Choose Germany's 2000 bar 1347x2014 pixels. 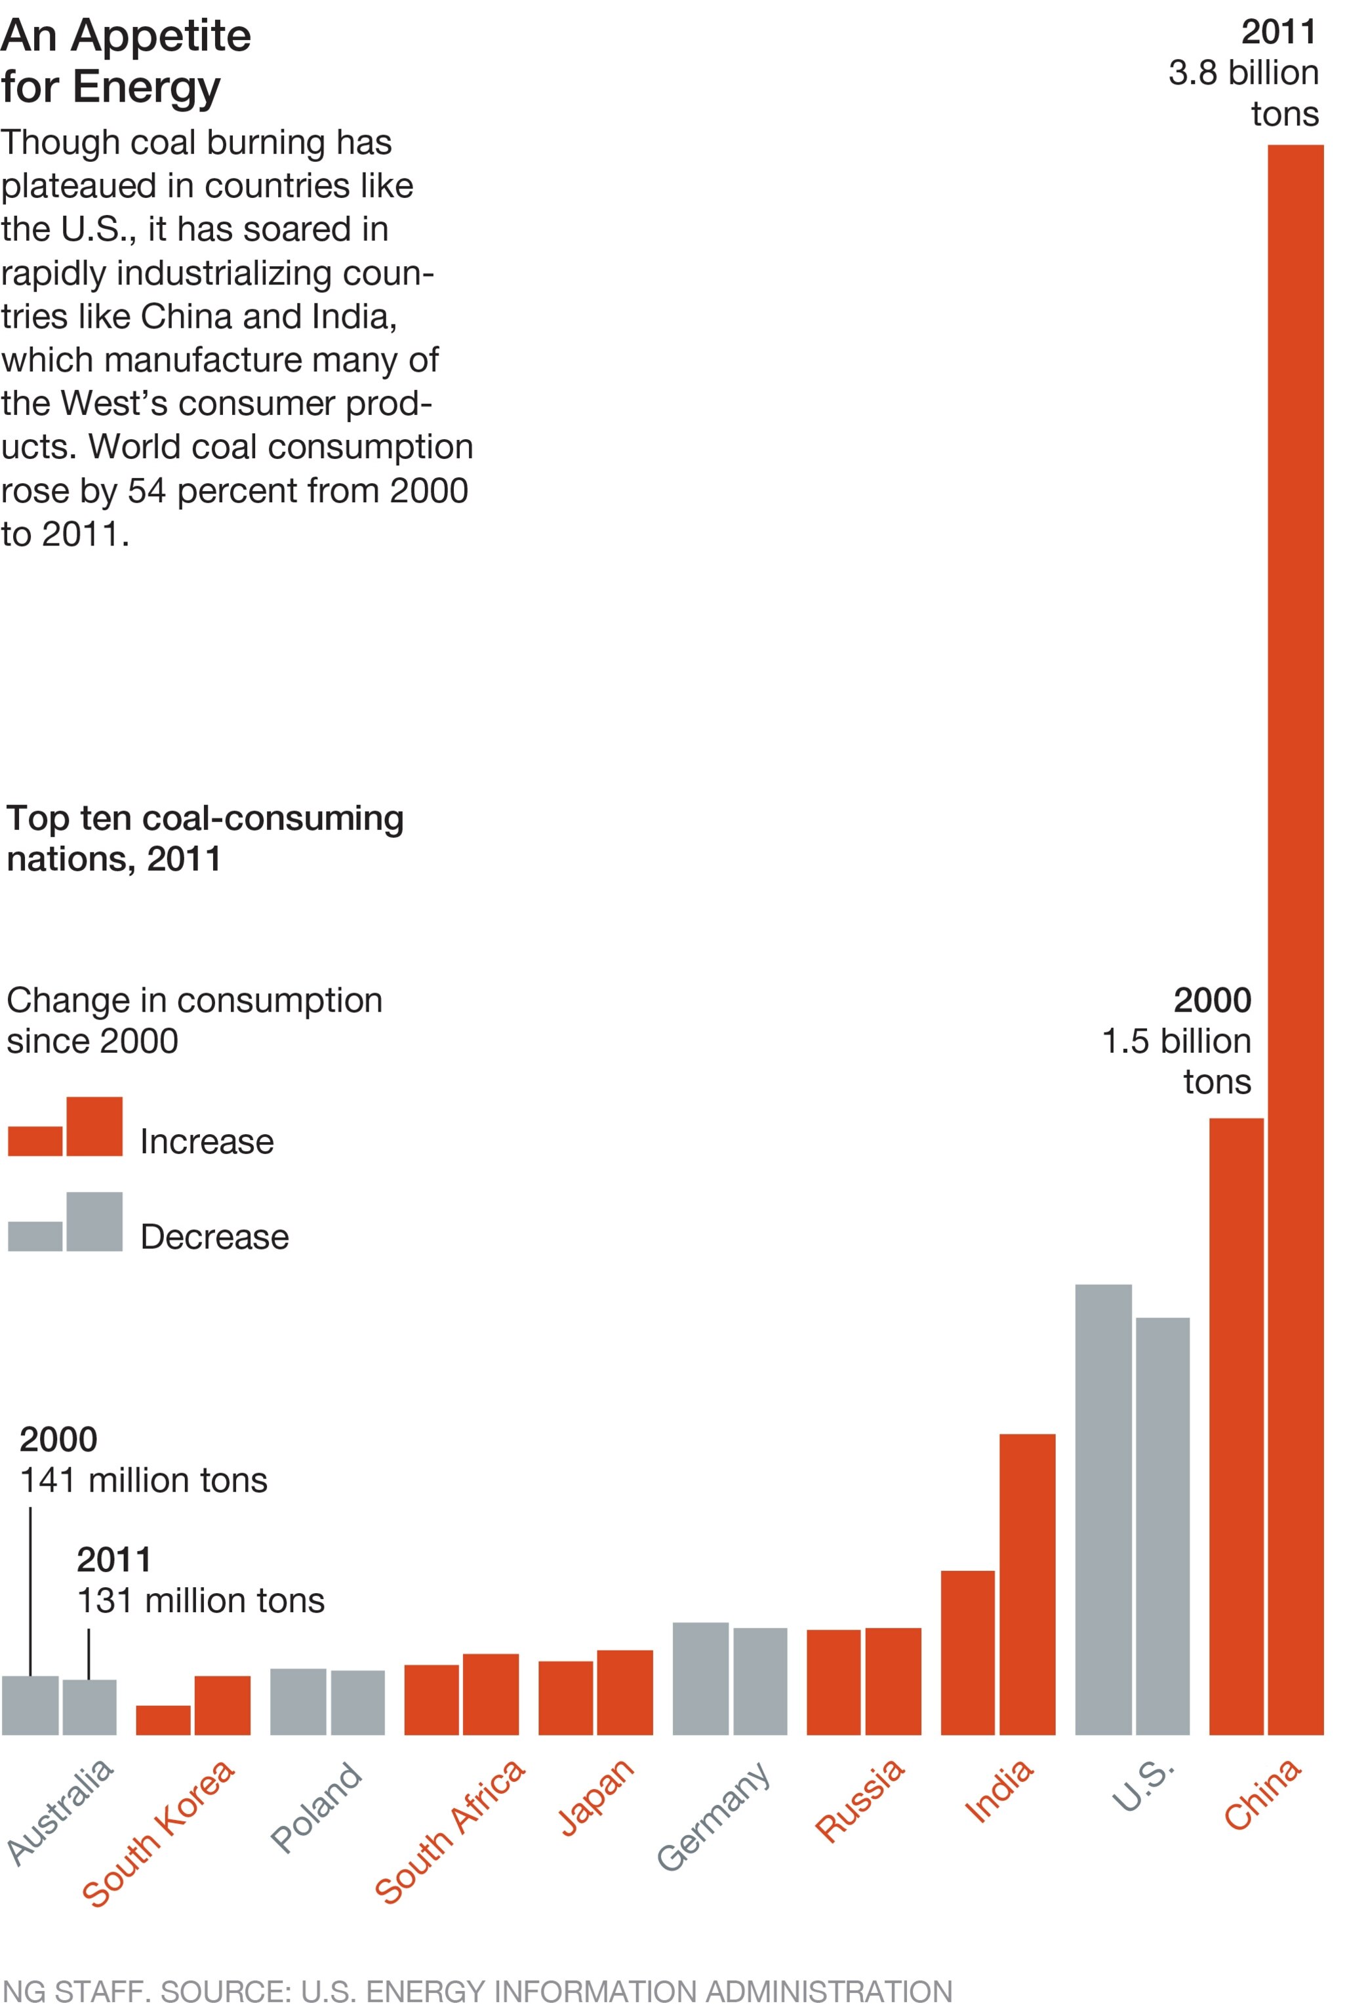700,1678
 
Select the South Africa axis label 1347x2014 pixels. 449,1829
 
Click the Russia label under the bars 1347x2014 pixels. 859,1799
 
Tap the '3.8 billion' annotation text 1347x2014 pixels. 1242,73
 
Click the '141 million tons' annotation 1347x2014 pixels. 144,1480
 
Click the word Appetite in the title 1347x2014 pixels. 161,36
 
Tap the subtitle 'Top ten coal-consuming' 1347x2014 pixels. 205,818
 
